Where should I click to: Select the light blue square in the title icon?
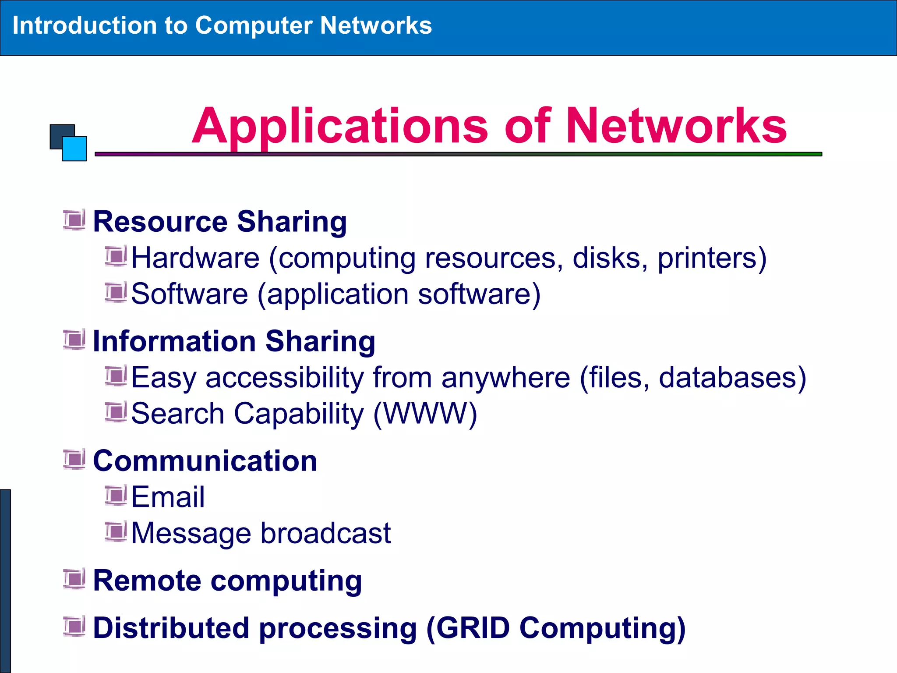(x=75, y=149)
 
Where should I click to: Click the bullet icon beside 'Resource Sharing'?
(x=74, y=220)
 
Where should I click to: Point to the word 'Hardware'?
(x=195, y=258)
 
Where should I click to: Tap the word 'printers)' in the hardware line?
(x=712, y=258)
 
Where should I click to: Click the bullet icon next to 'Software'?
(x=116, y=292)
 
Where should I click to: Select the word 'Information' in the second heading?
(x=174, y=341)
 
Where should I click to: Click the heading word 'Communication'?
(x=205, y=461)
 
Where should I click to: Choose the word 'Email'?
(x=168, y=497)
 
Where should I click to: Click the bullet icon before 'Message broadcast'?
(x=116, y=531)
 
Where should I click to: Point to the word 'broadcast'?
(x=326, y=533)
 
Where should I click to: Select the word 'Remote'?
(x=147, y=581)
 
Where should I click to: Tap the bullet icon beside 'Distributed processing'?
(x=74, y=627)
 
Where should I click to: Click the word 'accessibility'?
(x=285, y=377)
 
